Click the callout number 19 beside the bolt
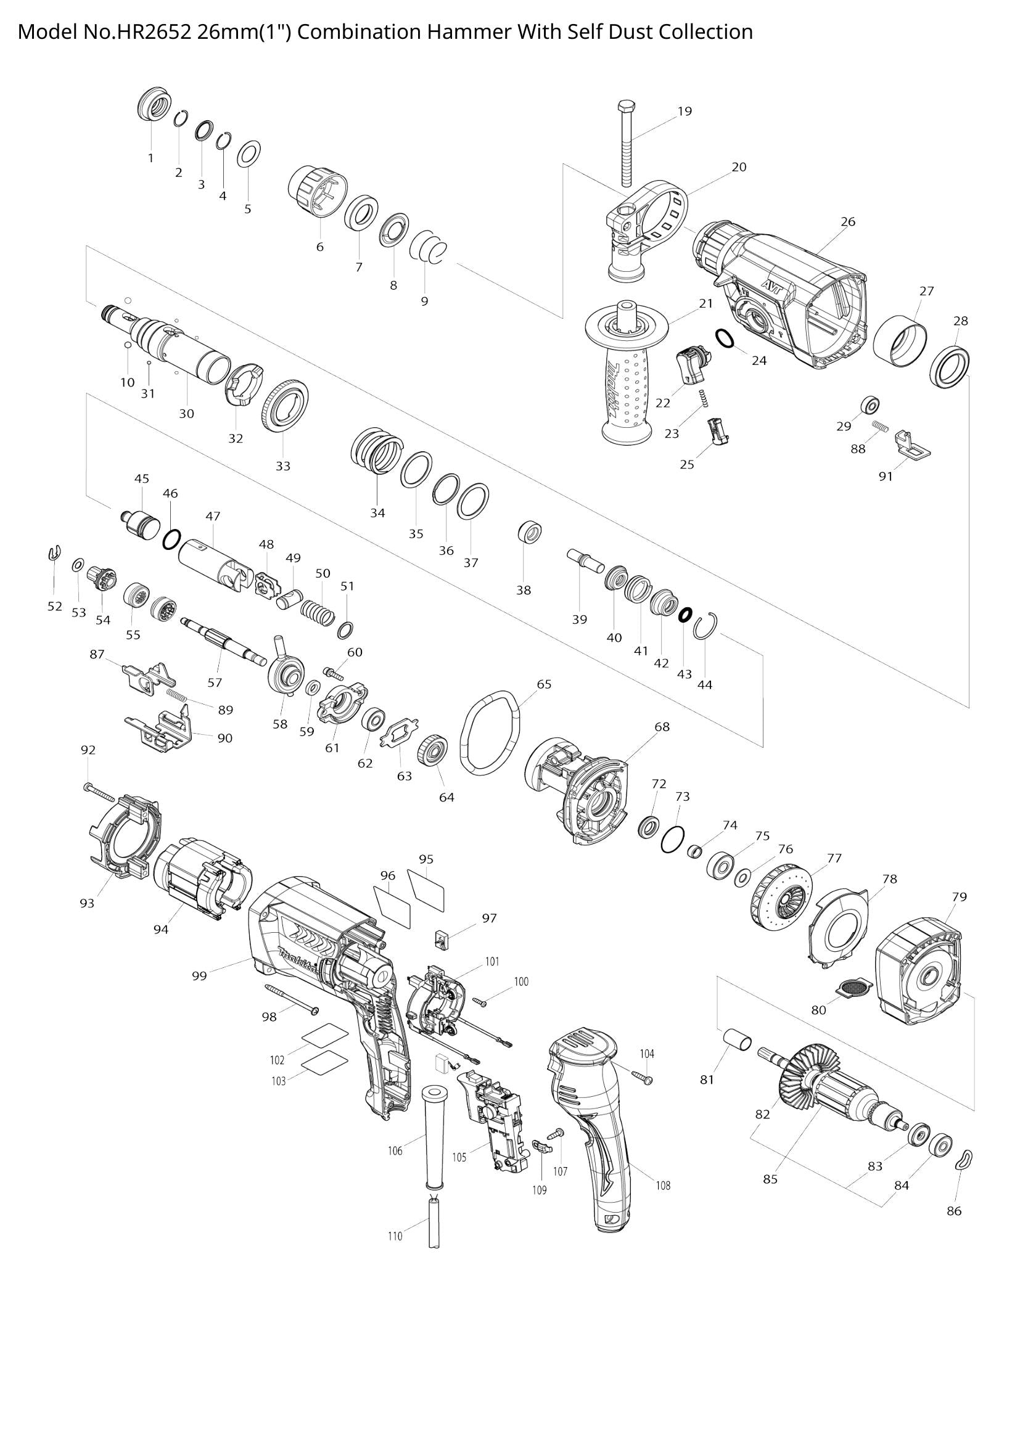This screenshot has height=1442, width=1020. [x=684, y=111]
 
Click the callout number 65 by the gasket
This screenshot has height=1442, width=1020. [x=544, y=684]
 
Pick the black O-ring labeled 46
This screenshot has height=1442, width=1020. [x=171, y=539]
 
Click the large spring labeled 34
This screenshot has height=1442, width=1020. [x=375, y=452]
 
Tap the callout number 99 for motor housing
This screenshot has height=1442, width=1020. [x=199, y=976]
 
